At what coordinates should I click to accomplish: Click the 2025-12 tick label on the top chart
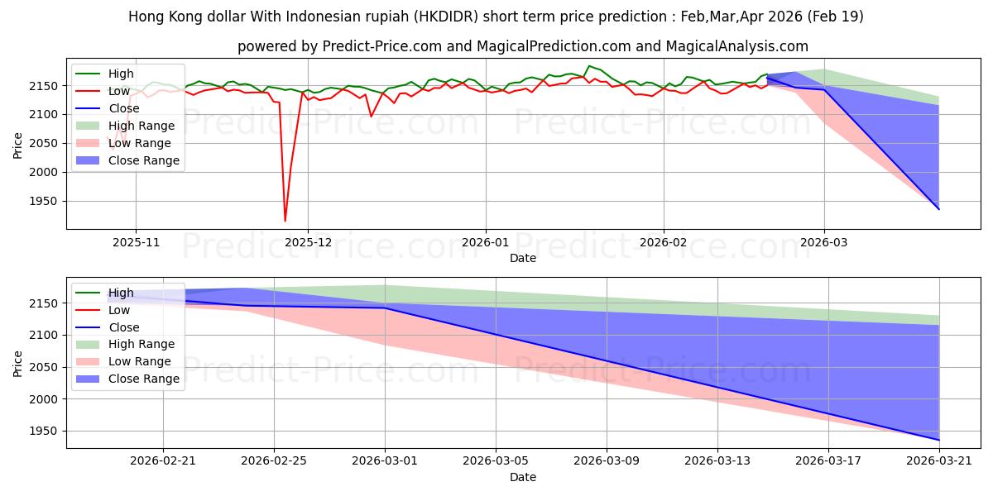tap(308, 243)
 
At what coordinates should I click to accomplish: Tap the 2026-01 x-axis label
tap(486, 243)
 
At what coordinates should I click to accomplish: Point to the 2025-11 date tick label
tap(136, 243)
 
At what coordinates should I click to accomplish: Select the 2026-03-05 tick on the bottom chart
tap(496, 461)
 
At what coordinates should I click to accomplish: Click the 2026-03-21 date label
tap(939, 461)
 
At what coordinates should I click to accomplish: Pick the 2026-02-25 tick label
tap(274, 461)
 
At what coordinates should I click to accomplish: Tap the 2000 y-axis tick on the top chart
tap(43, 172)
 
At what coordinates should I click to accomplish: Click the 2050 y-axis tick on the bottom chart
tap(43, 367)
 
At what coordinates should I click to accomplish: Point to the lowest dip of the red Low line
tap(285, 221)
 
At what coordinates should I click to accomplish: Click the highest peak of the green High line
tap(588, 66)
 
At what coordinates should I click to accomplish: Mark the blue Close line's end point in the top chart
tap(939, 209)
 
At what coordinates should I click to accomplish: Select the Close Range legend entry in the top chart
tap(127, 160)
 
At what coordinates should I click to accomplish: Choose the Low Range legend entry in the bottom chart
tap(123, 361)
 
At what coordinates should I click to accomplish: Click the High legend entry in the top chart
tap(104, 74)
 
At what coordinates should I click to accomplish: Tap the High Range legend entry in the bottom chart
tap(125, 344)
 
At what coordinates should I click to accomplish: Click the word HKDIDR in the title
tap(446, 17)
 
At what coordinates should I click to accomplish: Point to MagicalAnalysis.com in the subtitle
tap(737, 46)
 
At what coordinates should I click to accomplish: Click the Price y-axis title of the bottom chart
tap(17, 364)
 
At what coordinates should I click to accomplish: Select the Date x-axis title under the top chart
tap(523, 258)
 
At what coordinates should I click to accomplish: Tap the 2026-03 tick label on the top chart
tap(824, 243)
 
